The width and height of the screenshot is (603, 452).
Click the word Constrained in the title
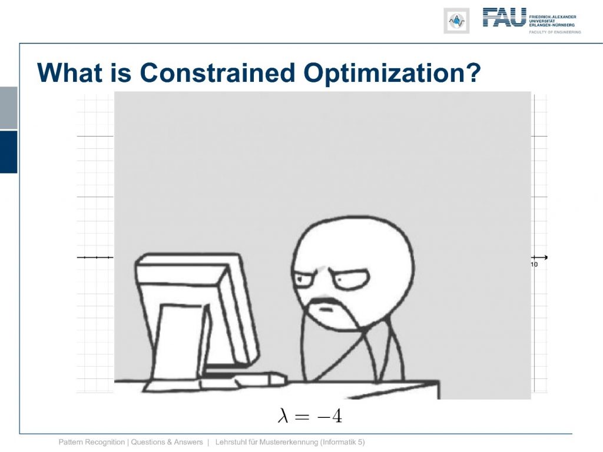pos(217,72)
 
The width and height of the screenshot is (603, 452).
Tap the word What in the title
pos(70,72)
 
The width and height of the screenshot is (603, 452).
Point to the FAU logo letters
pos(505,17)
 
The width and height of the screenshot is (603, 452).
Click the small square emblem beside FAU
pos(456,21)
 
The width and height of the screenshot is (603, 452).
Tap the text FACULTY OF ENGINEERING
pos(555,32)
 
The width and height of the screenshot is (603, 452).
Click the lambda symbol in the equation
pos(283,416)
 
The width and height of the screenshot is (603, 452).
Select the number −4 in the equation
pos(329,416)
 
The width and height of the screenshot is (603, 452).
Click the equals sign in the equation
pos(302,417)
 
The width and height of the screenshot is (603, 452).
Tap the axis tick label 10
pos(534,264)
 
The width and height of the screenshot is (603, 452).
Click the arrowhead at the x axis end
pos(545,257)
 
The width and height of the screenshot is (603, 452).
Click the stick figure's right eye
pos(351,278)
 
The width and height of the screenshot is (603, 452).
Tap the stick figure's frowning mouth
pos(326,308)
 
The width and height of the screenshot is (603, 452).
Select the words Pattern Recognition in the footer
pos(91,442)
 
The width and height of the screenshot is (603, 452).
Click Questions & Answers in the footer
pos(167,442)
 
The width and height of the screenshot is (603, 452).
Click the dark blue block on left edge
pos(8,152)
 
